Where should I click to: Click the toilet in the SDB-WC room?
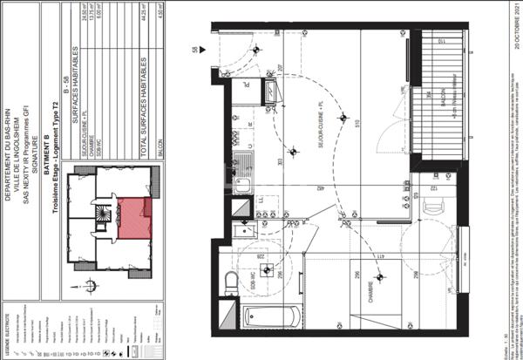click(232, 281)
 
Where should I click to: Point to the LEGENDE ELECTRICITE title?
click(7, 331)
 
